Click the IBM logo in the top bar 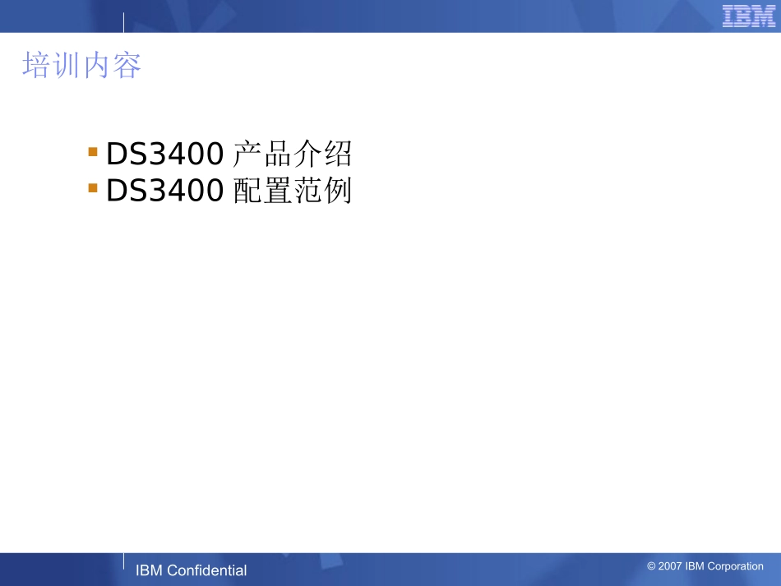click(x=748, y=16)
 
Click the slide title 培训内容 click(x=81, y=66)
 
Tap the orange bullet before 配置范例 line click(x=93, y=189)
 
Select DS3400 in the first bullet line click(x=164, y=153)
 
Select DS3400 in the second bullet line click(x=164, y=191)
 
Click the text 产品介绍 click(x=292, y=153)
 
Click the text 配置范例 click(x=292, y=191)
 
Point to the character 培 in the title click(x=36, y=66)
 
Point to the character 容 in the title click(x=127, y=66)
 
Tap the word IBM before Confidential click(x=149, y=570)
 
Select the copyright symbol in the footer click(x=651, y=566)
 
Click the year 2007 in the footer click(x=669, y=566)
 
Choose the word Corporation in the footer click(x=735, y=566)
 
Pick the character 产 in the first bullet click(x=247, y=153)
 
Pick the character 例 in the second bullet click(x=338, y=191)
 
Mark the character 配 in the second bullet click(x=247, y=191)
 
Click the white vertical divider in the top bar click(x=124, y=23)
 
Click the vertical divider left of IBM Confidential click(x=124, y=561)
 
